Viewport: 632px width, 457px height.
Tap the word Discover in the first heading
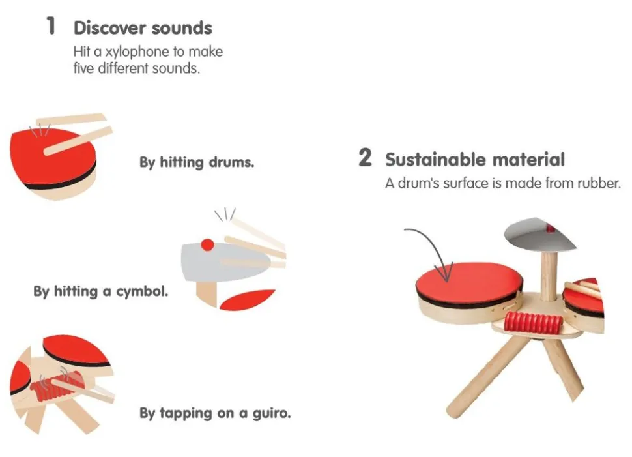coord(110,28)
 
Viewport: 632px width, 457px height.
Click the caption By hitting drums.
coord(197,162)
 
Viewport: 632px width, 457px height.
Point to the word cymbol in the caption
coord(142,291)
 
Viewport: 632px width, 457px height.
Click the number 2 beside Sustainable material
coord(365,157)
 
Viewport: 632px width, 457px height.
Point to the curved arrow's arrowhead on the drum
coord(446,273)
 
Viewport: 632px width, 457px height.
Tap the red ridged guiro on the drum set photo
coord(533,322)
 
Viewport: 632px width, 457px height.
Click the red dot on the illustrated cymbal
coord(207,244)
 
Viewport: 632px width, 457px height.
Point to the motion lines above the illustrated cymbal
coord(225,214)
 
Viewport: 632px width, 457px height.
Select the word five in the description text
coord(83,68)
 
